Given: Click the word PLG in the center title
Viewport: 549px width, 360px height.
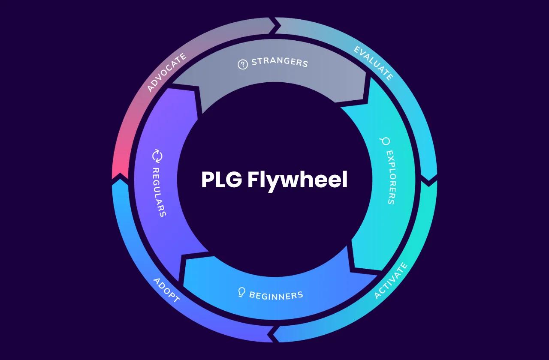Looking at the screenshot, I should (222, 180).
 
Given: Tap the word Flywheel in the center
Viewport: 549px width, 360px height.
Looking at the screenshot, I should (297, 180).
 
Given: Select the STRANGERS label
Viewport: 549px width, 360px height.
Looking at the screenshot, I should (280, 62).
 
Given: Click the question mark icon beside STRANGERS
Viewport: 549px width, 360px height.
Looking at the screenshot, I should (243, 65).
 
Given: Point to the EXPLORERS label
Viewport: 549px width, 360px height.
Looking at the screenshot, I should (390, 177).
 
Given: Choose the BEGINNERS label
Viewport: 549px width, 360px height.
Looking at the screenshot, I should (276, 295).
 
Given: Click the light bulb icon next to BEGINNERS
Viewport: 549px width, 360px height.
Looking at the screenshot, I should (242, 292).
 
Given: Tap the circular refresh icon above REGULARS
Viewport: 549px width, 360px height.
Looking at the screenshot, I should (157, 156).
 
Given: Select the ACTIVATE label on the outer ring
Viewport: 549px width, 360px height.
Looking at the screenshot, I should (390, 281).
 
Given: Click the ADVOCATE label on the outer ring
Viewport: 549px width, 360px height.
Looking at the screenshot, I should (167, 72).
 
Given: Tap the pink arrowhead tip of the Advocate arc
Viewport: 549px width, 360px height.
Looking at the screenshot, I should (120, 174).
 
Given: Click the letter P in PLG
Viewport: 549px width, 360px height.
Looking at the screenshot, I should (208, 180).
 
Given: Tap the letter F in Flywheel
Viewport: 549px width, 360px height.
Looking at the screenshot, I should (253, 180).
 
